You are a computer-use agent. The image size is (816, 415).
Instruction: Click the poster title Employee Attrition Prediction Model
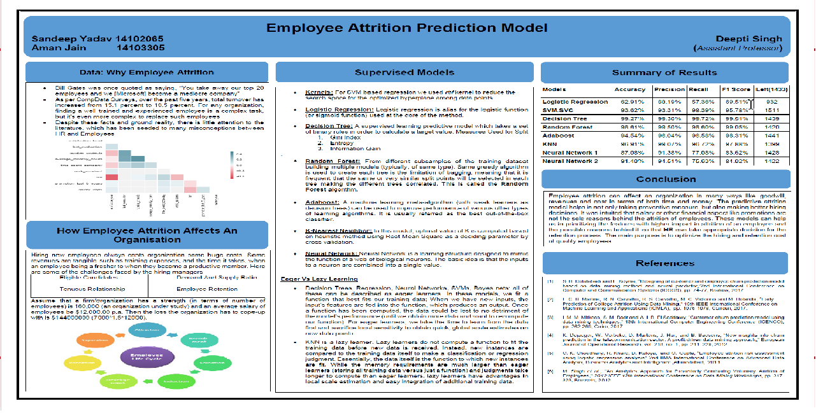406,28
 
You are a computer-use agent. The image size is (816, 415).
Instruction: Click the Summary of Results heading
664,73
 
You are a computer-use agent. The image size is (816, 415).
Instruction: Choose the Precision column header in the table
668,90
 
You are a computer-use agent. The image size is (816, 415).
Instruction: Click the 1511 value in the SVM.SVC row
772,109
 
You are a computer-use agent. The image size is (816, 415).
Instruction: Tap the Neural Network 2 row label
569,162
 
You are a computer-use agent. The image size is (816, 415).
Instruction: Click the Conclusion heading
665,179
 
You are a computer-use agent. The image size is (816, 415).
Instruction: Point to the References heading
665,263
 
